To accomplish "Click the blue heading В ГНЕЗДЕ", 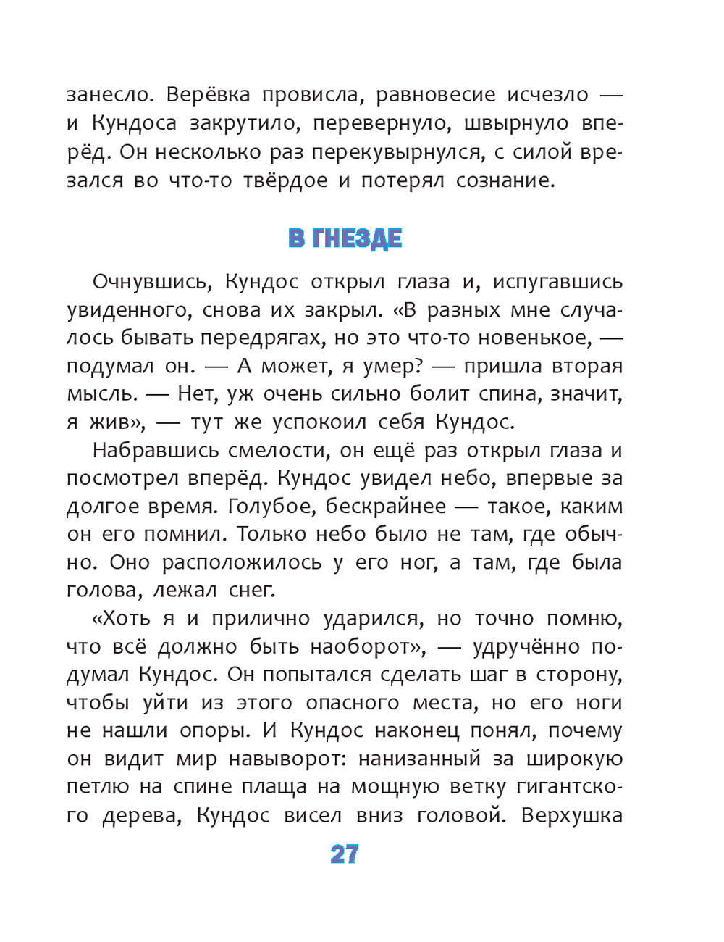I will click(x=345, y=238).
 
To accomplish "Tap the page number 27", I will click(x=345, y=855).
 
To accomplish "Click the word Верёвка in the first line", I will click(x=209, y=95).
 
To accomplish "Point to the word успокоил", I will click(x=319, y=422).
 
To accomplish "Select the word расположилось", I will click(x=242, y=563).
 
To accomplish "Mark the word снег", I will click(x=251, y=591).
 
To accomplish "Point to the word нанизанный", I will click(x=419, y=759).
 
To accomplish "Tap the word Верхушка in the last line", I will click(x=571, y=816).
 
